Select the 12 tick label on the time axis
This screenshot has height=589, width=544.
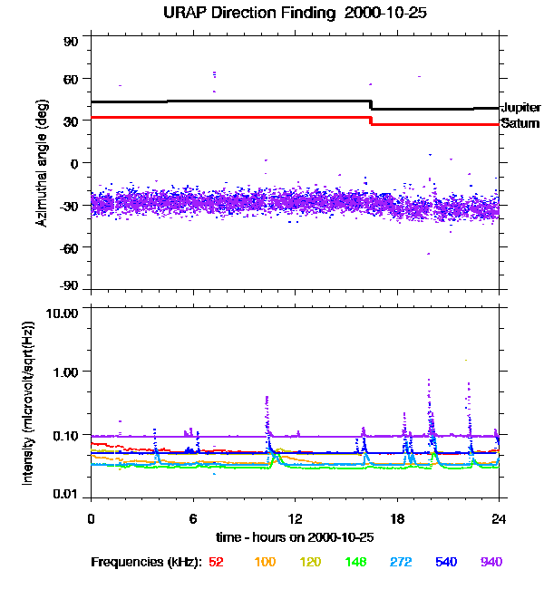pyautogui.click(x=295, y=518)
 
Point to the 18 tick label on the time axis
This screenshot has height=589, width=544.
pyautogui.click(x=397, y=518)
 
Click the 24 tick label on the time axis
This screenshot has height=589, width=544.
pyautogui.click(x=499, y=518)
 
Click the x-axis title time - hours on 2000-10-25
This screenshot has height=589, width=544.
pyautogui.click(x=295, y=537)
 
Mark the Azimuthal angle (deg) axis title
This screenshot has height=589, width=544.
pyautogui.click(x=42, y=163)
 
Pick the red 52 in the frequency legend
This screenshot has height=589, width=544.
pyautogui.click(x=216, y=562)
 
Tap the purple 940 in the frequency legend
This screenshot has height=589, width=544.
pyautogui.click(x=491, y=562)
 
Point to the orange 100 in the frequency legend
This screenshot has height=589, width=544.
pyautogui.click(x=265, y=562)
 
